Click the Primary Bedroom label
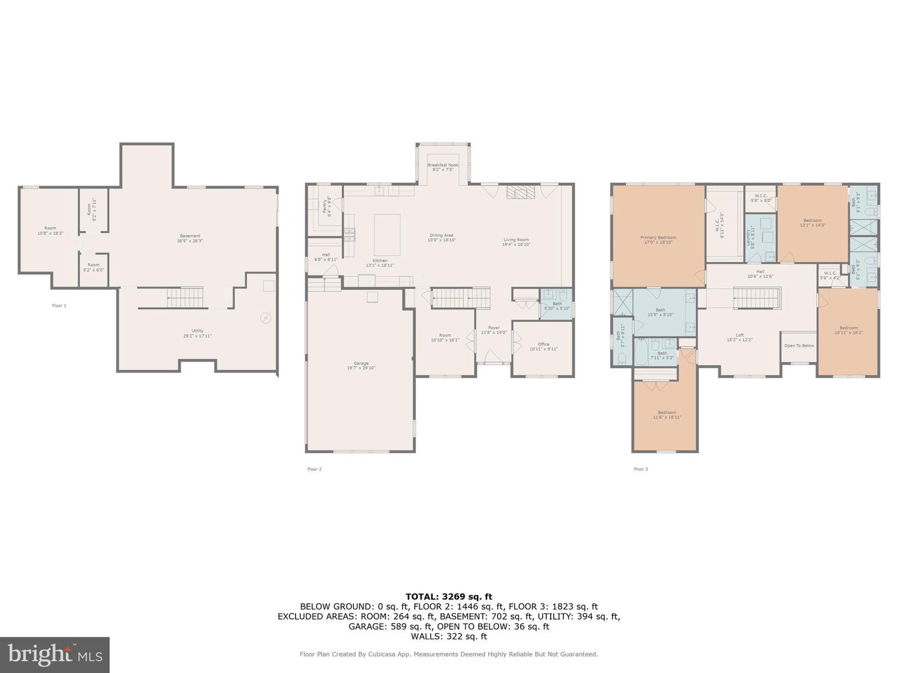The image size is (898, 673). coord(658,240)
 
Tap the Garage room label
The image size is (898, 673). coord(361,366)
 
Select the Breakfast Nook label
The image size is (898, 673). coord(443,167)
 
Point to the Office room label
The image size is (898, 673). coord(543,346)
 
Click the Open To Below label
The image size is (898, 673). coord(799,345)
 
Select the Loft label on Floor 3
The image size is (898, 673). coord(740,337)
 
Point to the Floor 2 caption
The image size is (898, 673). coord(314,469)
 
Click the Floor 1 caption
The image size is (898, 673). coord(59,306)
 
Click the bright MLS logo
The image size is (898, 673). coord(55,654)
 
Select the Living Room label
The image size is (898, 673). coord(516,242)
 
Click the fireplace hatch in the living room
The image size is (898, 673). coord(520,193)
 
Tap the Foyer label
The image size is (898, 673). coord(494,330)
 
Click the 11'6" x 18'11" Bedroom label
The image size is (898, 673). coord(667,414)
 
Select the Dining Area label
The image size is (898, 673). coord(441,237)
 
